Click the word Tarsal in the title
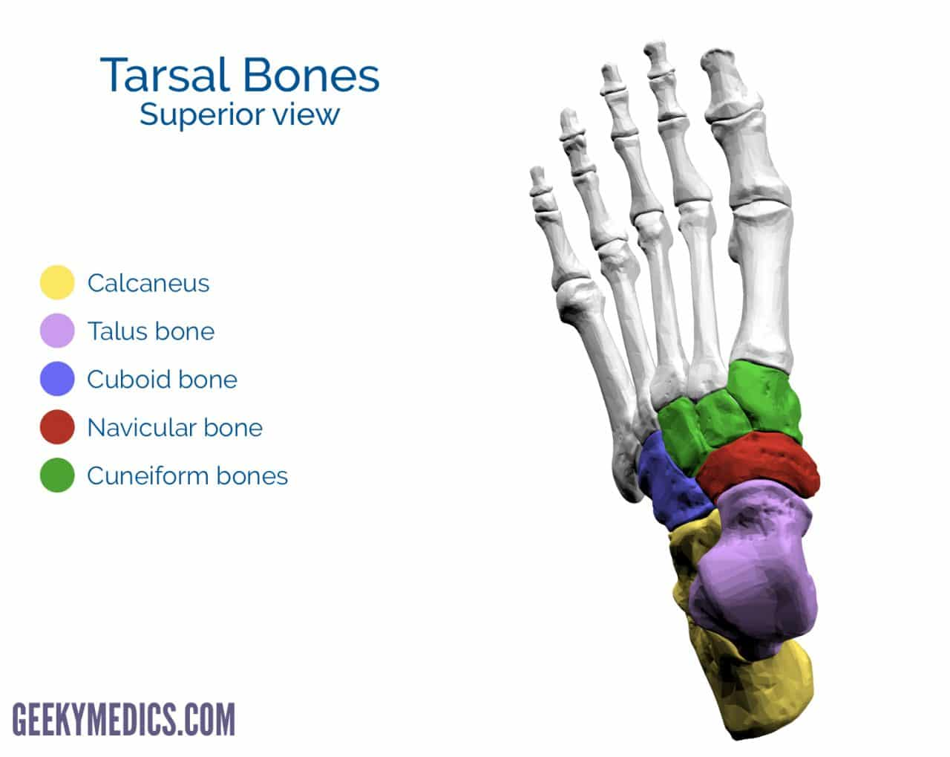(165, 75)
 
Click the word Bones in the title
(311, 75)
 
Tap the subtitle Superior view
(240, 114)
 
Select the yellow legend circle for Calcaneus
(57, 282)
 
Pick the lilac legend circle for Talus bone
(57, 331)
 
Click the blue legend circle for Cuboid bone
(57, 379)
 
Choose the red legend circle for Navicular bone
(57, 427)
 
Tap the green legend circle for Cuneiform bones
(57, 475)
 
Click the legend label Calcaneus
(148, 283)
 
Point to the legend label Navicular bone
(175, 428)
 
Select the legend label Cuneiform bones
(188, 476)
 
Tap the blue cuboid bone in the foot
(671, 481)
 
